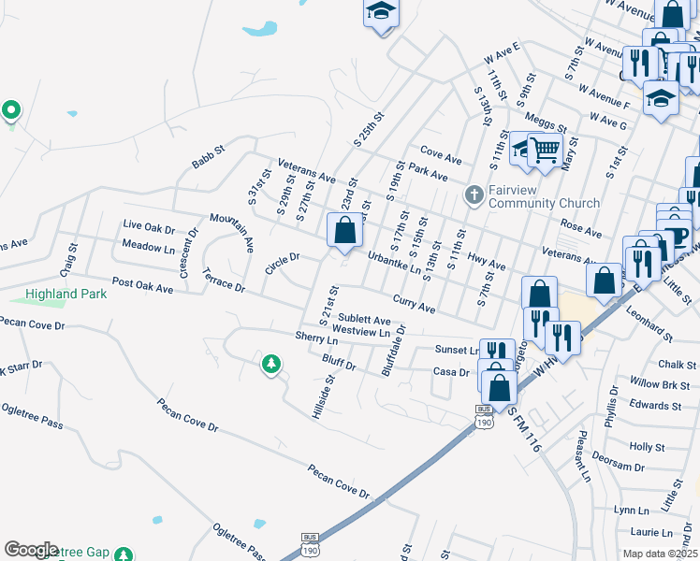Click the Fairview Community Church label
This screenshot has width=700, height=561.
click(x=532, y=196)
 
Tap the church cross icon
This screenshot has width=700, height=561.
click(x=474, y=194)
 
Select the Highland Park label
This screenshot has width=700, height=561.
click(x=66, y=294)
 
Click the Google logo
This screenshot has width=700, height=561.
click(x=31, y=550)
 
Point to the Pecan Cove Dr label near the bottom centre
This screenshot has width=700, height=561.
click(x=339, y=481)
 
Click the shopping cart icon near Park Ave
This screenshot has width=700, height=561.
click(x=545, y=150)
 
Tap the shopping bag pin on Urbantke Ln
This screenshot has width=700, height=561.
click(x=344, y=230)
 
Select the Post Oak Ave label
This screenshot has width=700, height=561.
click(x=142, y=289)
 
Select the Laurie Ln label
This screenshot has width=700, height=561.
click(x=651, y=532)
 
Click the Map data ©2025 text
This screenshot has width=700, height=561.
click(x=660, y=554)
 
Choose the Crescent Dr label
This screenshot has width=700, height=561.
click(x=189, y=246)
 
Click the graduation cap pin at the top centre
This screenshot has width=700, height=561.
click(x=380, y=13)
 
